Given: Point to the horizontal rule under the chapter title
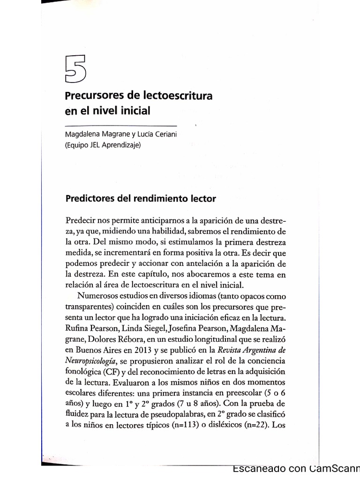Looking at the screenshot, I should (x=120, y=126).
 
